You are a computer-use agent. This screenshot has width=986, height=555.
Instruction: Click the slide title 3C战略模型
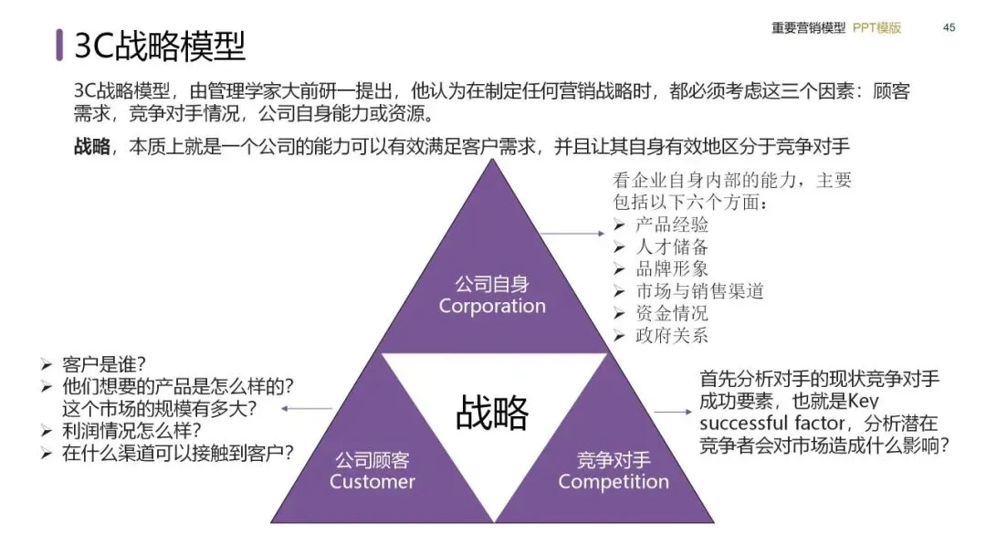tap(160, 46)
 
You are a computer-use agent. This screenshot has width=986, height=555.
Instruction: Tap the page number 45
tap(949, 28)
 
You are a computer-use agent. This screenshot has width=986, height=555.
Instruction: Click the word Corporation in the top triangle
tap(492, 306)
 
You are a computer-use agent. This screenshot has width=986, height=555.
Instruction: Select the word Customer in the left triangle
tap(372, 481)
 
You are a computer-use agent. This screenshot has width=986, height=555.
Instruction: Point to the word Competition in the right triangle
tap(614, 481)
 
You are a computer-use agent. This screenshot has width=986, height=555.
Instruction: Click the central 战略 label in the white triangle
tap(492, 413)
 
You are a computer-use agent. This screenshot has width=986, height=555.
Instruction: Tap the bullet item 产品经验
tap(672, 225)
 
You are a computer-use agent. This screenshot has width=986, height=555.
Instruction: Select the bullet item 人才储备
tap(672, 246)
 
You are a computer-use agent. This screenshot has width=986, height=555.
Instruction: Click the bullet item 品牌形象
tap(672, 268)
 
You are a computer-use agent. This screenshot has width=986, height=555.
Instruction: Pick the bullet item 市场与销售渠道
tap(699, 291)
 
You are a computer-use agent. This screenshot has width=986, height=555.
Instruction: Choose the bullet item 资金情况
tap(672, 313)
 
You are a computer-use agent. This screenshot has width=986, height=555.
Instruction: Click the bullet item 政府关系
tap(672, 335)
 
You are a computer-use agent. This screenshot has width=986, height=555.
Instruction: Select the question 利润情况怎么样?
tap(131, 430)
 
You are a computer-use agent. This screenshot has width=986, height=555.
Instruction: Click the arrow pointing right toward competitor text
tap(674, 412)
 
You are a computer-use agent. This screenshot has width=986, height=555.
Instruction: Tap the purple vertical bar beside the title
tap(59, 45)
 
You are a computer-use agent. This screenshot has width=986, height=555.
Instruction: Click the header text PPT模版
tap(877, 28)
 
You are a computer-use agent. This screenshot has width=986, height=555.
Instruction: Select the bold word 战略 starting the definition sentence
tap(92, 147)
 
